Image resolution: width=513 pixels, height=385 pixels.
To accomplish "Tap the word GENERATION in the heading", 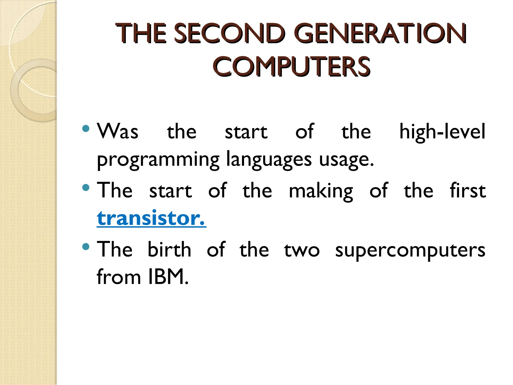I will [380, 33].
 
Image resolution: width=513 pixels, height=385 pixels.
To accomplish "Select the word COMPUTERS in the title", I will [292, 66].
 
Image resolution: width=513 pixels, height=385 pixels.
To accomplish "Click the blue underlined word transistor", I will [151, 218].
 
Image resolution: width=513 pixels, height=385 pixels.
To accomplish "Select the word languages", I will [269, 160].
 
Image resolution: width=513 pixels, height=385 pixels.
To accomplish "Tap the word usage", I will [346, 160].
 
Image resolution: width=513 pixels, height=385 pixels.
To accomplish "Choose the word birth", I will [169, 250].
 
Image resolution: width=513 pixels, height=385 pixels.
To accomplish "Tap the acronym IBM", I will [168, 277].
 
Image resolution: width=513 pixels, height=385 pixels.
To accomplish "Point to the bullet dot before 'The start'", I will [86, 187].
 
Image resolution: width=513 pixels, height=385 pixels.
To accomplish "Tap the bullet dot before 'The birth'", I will [86, 247].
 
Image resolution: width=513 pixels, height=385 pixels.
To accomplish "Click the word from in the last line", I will [119, 277].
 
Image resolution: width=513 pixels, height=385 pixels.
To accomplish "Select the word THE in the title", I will [141, 33].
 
